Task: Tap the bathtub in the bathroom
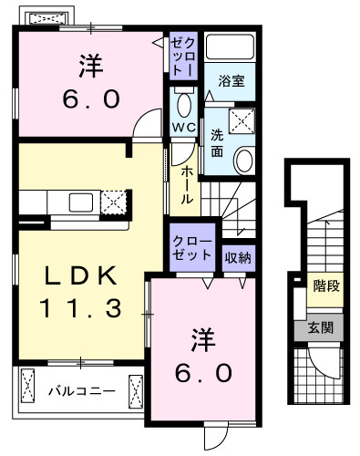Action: [x=228, y=50]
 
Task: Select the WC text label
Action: [x=182, y=128]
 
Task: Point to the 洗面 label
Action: [x=217, y=140]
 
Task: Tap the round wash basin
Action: [x=244, y=160]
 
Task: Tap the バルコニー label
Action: [x=82, y=392]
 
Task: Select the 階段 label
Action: [x=326, y=286]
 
